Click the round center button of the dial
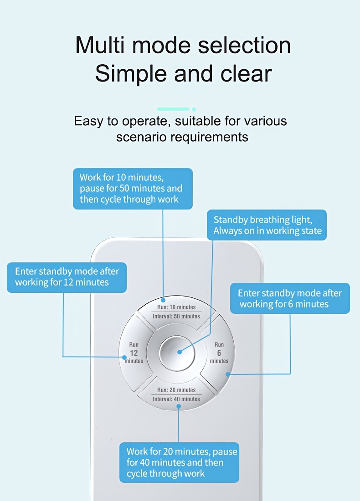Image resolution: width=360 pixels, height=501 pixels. click(x=177, y=353)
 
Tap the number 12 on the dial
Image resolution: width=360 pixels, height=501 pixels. click(x=134, y=353)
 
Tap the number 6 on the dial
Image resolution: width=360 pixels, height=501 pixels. click(x=219, y=353)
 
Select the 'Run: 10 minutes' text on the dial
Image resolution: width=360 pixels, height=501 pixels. click(x=176, y=307)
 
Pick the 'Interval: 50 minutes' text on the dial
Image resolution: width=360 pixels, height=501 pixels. click(x=176, y=317)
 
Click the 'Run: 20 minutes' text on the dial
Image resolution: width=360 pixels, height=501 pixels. click(x=176, y=390)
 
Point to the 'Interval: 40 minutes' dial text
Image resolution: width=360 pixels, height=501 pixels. click(x=176, y=399)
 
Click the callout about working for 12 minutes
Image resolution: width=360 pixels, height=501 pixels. click(x=67, y=277)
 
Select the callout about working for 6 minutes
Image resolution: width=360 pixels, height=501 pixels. click(x=290, y=298)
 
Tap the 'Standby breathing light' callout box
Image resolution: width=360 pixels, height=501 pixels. click(x=267, y=225)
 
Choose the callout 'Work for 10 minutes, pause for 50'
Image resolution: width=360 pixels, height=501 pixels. click(x=133, y=189)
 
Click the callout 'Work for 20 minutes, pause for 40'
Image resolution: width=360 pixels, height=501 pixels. click(x=179, y=462)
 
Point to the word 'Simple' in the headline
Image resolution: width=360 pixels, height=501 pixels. click(x=131, y=74)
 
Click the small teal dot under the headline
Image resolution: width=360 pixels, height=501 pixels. click(x=194, y=109)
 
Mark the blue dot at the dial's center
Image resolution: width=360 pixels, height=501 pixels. click(x=180, y=352)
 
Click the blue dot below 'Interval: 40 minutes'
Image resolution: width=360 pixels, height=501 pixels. click(x=178, y=406)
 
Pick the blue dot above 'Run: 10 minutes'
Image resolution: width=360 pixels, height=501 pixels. click(x=163, y=300)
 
